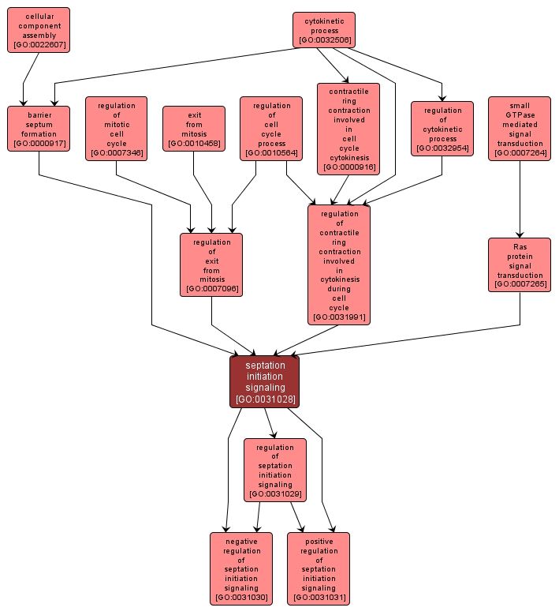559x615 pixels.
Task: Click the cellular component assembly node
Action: pos(39,30)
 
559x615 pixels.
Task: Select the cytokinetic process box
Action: pos(323,30)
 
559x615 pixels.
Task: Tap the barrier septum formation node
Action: pos(39,128)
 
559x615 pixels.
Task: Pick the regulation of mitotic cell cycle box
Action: pos(117,128)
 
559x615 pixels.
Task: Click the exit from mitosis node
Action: pos(194,128)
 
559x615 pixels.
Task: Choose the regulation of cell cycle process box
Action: pos(271,128)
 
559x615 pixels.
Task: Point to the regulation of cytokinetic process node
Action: pos(442,128)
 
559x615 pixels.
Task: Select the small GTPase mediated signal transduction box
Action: pos(520,128)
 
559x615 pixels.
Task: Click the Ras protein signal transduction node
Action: pos(520,264)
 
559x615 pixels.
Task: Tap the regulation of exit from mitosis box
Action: pos(211,264)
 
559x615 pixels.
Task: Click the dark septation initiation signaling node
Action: pos(265,382)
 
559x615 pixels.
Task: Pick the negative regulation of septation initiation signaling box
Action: pos(241,568)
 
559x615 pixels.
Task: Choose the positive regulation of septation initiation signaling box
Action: pos(319,568)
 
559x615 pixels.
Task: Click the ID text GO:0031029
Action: pos(274,494)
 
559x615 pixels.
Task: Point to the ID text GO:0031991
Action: pos(339,317)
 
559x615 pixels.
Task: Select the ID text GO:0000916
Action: pos(348,167)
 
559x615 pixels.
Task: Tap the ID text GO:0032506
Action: pos(323,40)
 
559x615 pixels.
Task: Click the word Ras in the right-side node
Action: pos(520,246)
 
